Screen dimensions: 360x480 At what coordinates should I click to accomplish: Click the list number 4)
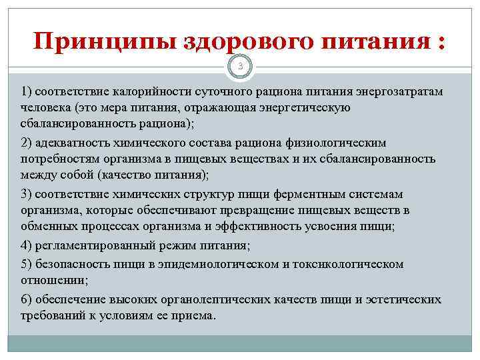27,246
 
